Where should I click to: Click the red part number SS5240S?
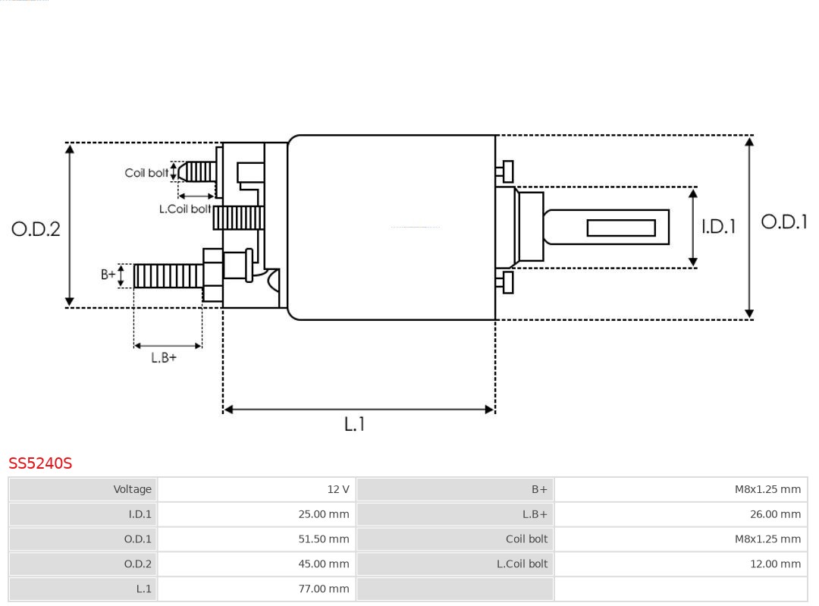click(x=40, y=463)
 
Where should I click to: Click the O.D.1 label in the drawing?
click(x=783, y=221)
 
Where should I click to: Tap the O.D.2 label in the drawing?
click(x=36, y=228)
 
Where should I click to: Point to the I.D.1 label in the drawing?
click(x=717, y=226)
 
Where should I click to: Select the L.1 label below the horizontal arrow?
click(x=354, y=424)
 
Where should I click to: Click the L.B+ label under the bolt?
click(x=163, y=357)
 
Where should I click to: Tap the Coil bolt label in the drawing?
click(x=146, y=173)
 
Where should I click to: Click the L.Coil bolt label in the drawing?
click(x=184, y=209)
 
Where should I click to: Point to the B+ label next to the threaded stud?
click(x=108, y=275)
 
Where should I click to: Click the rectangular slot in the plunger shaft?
click(x=620, y=228)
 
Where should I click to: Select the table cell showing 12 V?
click(x=338, y=489)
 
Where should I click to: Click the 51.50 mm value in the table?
click(x=324, y=539)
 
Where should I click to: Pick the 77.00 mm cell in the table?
click(x=324, y=589)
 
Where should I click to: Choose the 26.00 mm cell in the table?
click(x=775, y=514)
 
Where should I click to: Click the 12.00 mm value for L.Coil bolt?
click(x=775, y=564)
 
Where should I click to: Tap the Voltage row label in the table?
click(x=133, y=489)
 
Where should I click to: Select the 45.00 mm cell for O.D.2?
click(x=324, y=564)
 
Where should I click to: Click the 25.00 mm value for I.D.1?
click(x=324, y=514)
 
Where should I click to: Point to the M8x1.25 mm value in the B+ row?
click(x=767, y=489)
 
